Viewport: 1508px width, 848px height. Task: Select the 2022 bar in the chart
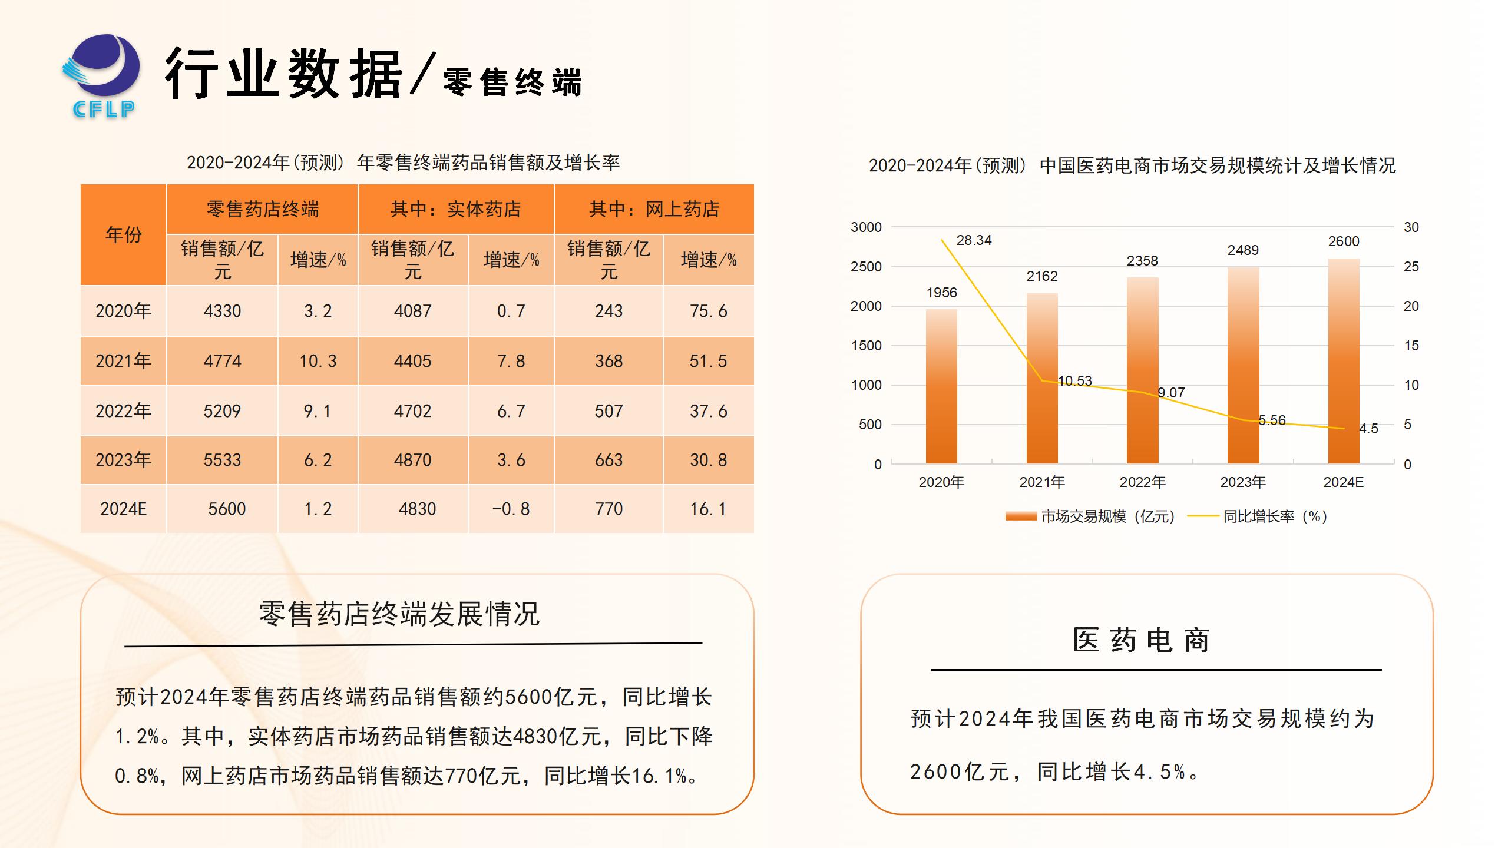coord(1142,371)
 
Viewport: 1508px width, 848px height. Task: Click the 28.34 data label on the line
coord(974,240)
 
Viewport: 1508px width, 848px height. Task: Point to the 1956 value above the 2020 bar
coord(941,293)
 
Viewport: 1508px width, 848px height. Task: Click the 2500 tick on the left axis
coord(866,267)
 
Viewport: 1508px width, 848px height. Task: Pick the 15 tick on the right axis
coord(1411,346)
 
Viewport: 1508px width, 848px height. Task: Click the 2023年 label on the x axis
coord(1243,482)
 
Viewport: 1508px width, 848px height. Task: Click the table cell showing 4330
coord(222,311)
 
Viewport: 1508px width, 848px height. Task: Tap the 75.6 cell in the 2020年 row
coord(708,311)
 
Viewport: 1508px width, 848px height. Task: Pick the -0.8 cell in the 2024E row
coord(511,509)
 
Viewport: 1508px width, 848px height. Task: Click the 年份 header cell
coord(124,235)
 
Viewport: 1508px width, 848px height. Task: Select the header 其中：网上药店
coord(654,209)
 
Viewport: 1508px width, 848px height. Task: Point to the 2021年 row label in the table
coord(124,361)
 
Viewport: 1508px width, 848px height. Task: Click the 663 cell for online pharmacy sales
coord(609,460)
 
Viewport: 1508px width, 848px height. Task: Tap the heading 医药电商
coord(1142,640)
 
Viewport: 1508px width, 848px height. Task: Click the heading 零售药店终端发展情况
coord(399,614)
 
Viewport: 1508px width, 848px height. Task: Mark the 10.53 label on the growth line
coord(1074,381)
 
